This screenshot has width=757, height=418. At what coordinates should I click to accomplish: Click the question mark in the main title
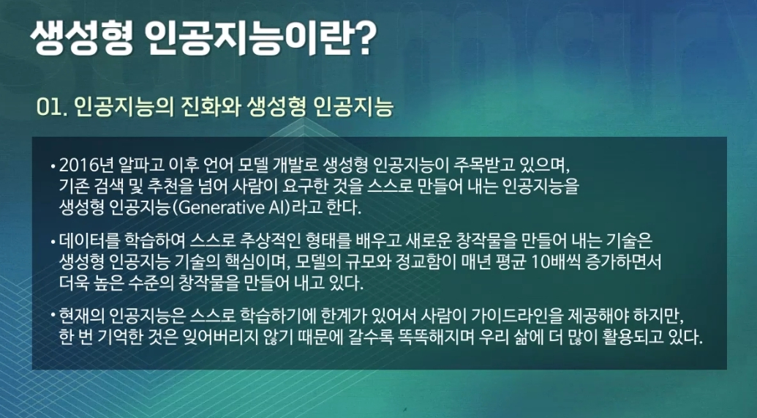coord(363,38)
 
